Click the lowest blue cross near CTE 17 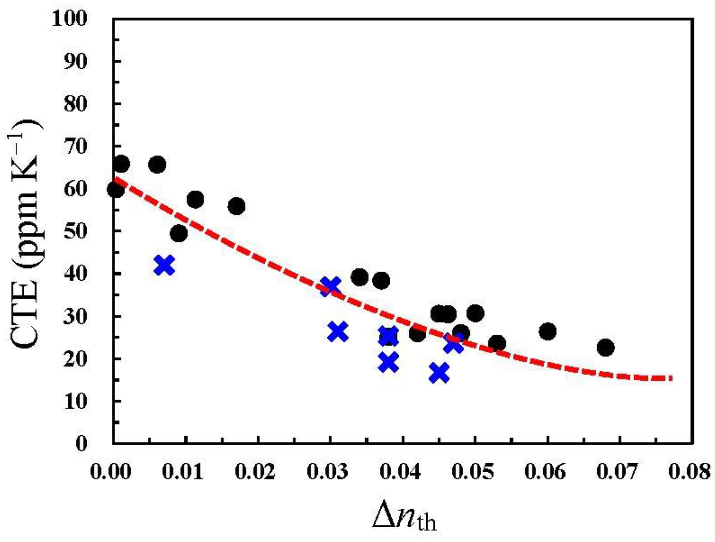tap(439, 372)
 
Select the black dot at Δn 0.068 tap(605, 348)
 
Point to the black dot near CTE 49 tap(179, 234)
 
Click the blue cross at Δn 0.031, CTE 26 tap(338, 332)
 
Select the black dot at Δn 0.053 tap(497, 344)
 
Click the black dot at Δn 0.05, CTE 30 tap(475, 313)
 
